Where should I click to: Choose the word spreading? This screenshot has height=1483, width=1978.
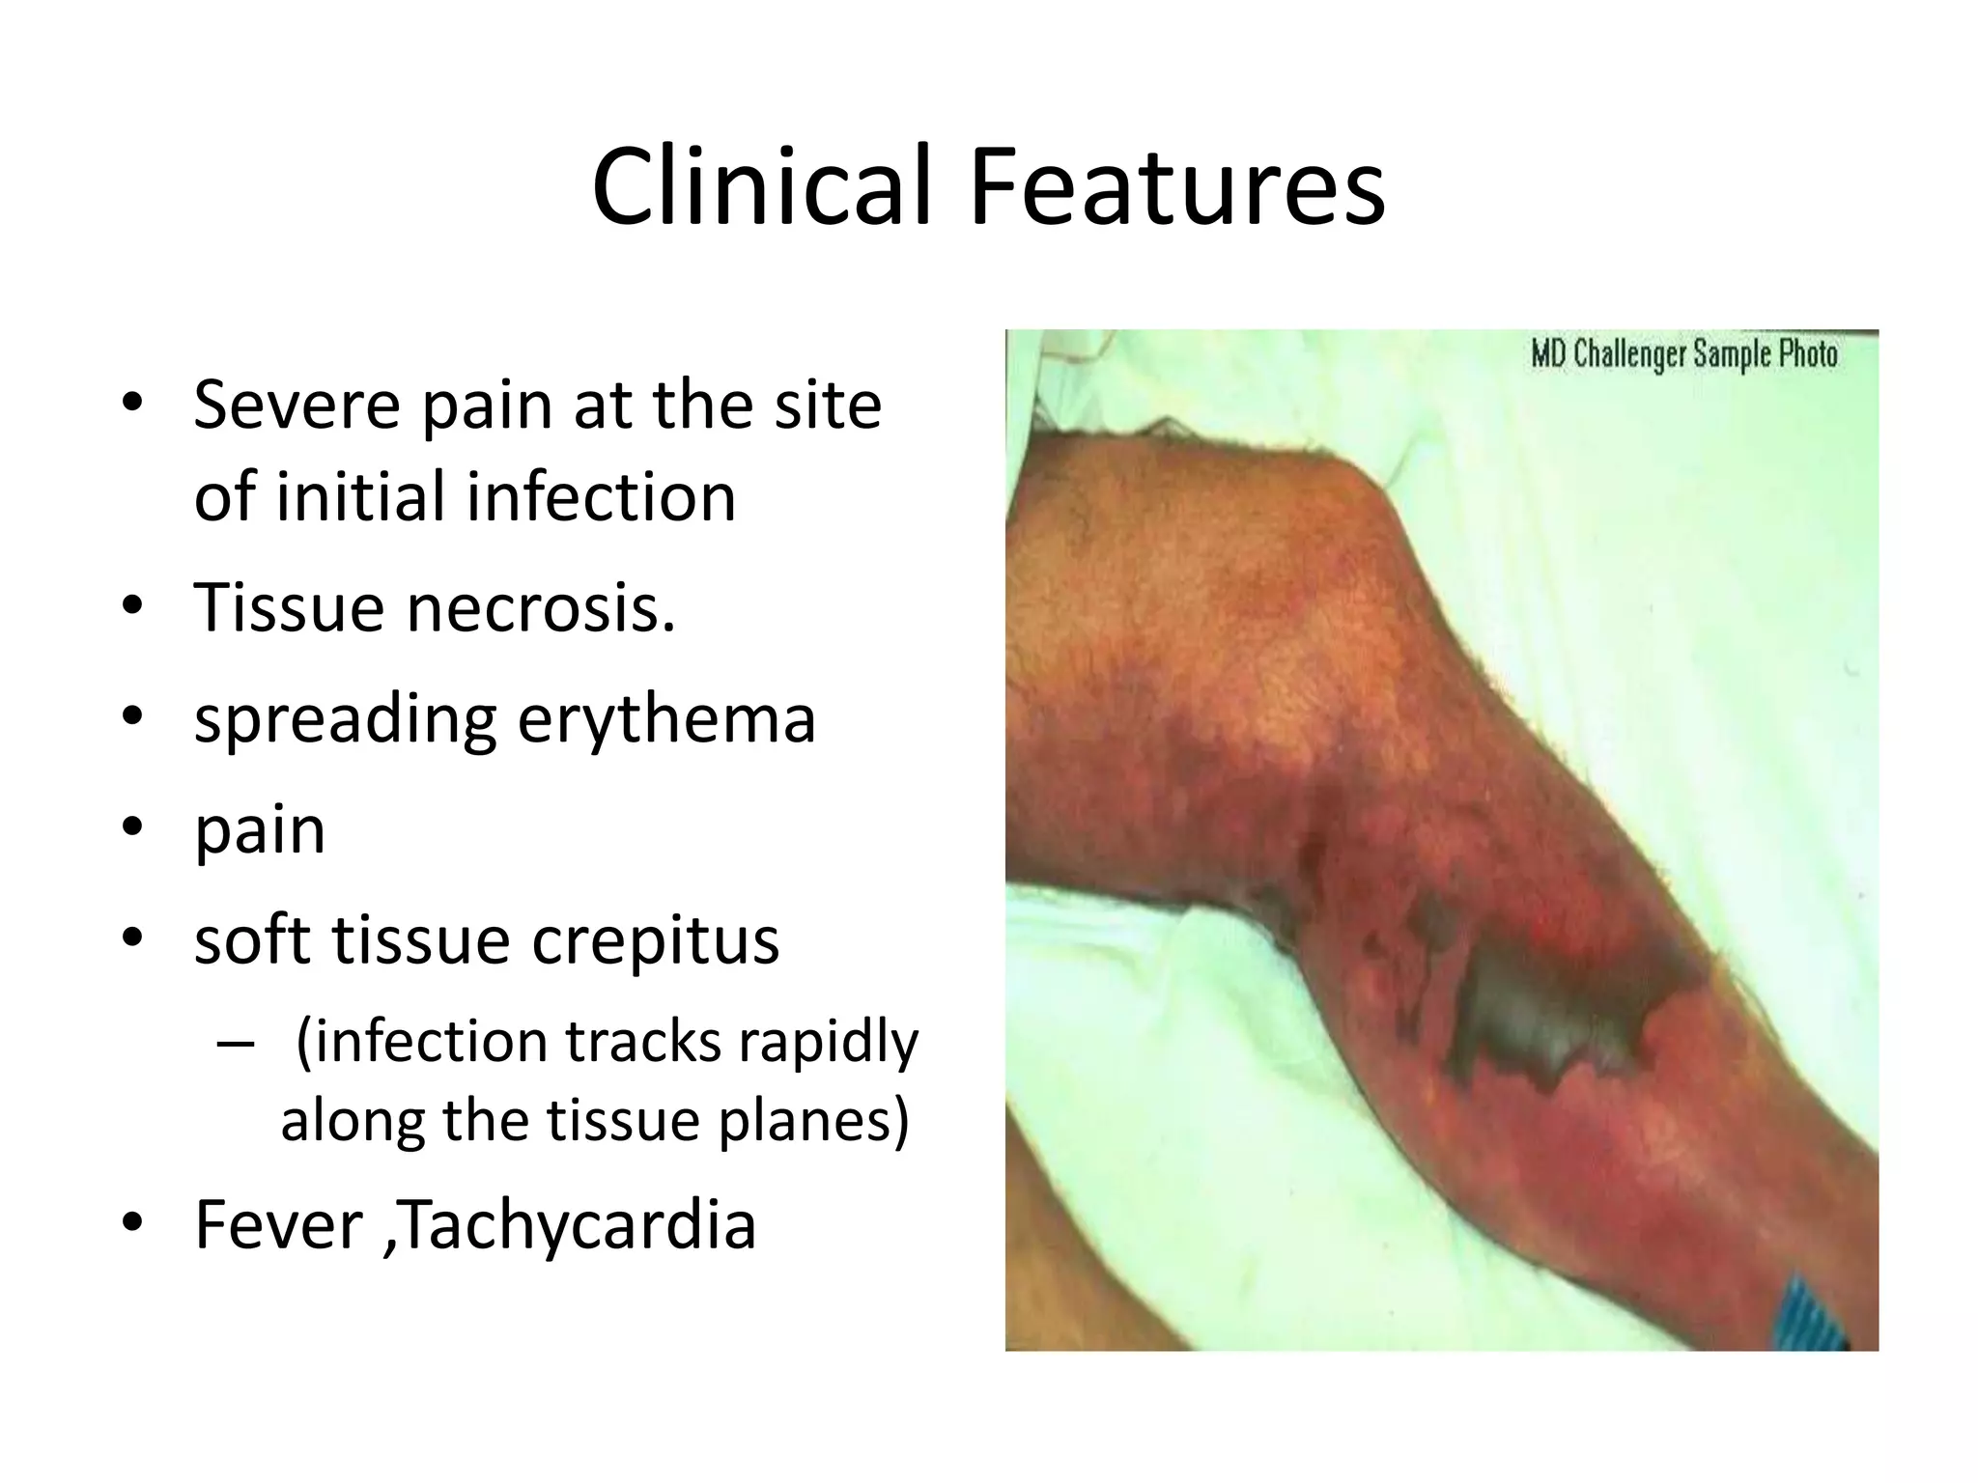click(345, 720)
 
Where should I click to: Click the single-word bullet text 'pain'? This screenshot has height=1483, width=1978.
click(260, 830)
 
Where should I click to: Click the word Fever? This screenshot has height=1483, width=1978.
click(278, 1224)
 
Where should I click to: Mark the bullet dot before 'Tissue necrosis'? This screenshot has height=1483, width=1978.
click(132, 606)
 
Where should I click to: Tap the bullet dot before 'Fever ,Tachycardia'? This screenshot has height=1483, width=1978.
click(132, 1222)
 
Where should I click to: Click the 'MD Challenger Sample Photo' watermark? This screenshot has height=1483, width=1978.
click(1683, 354)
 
